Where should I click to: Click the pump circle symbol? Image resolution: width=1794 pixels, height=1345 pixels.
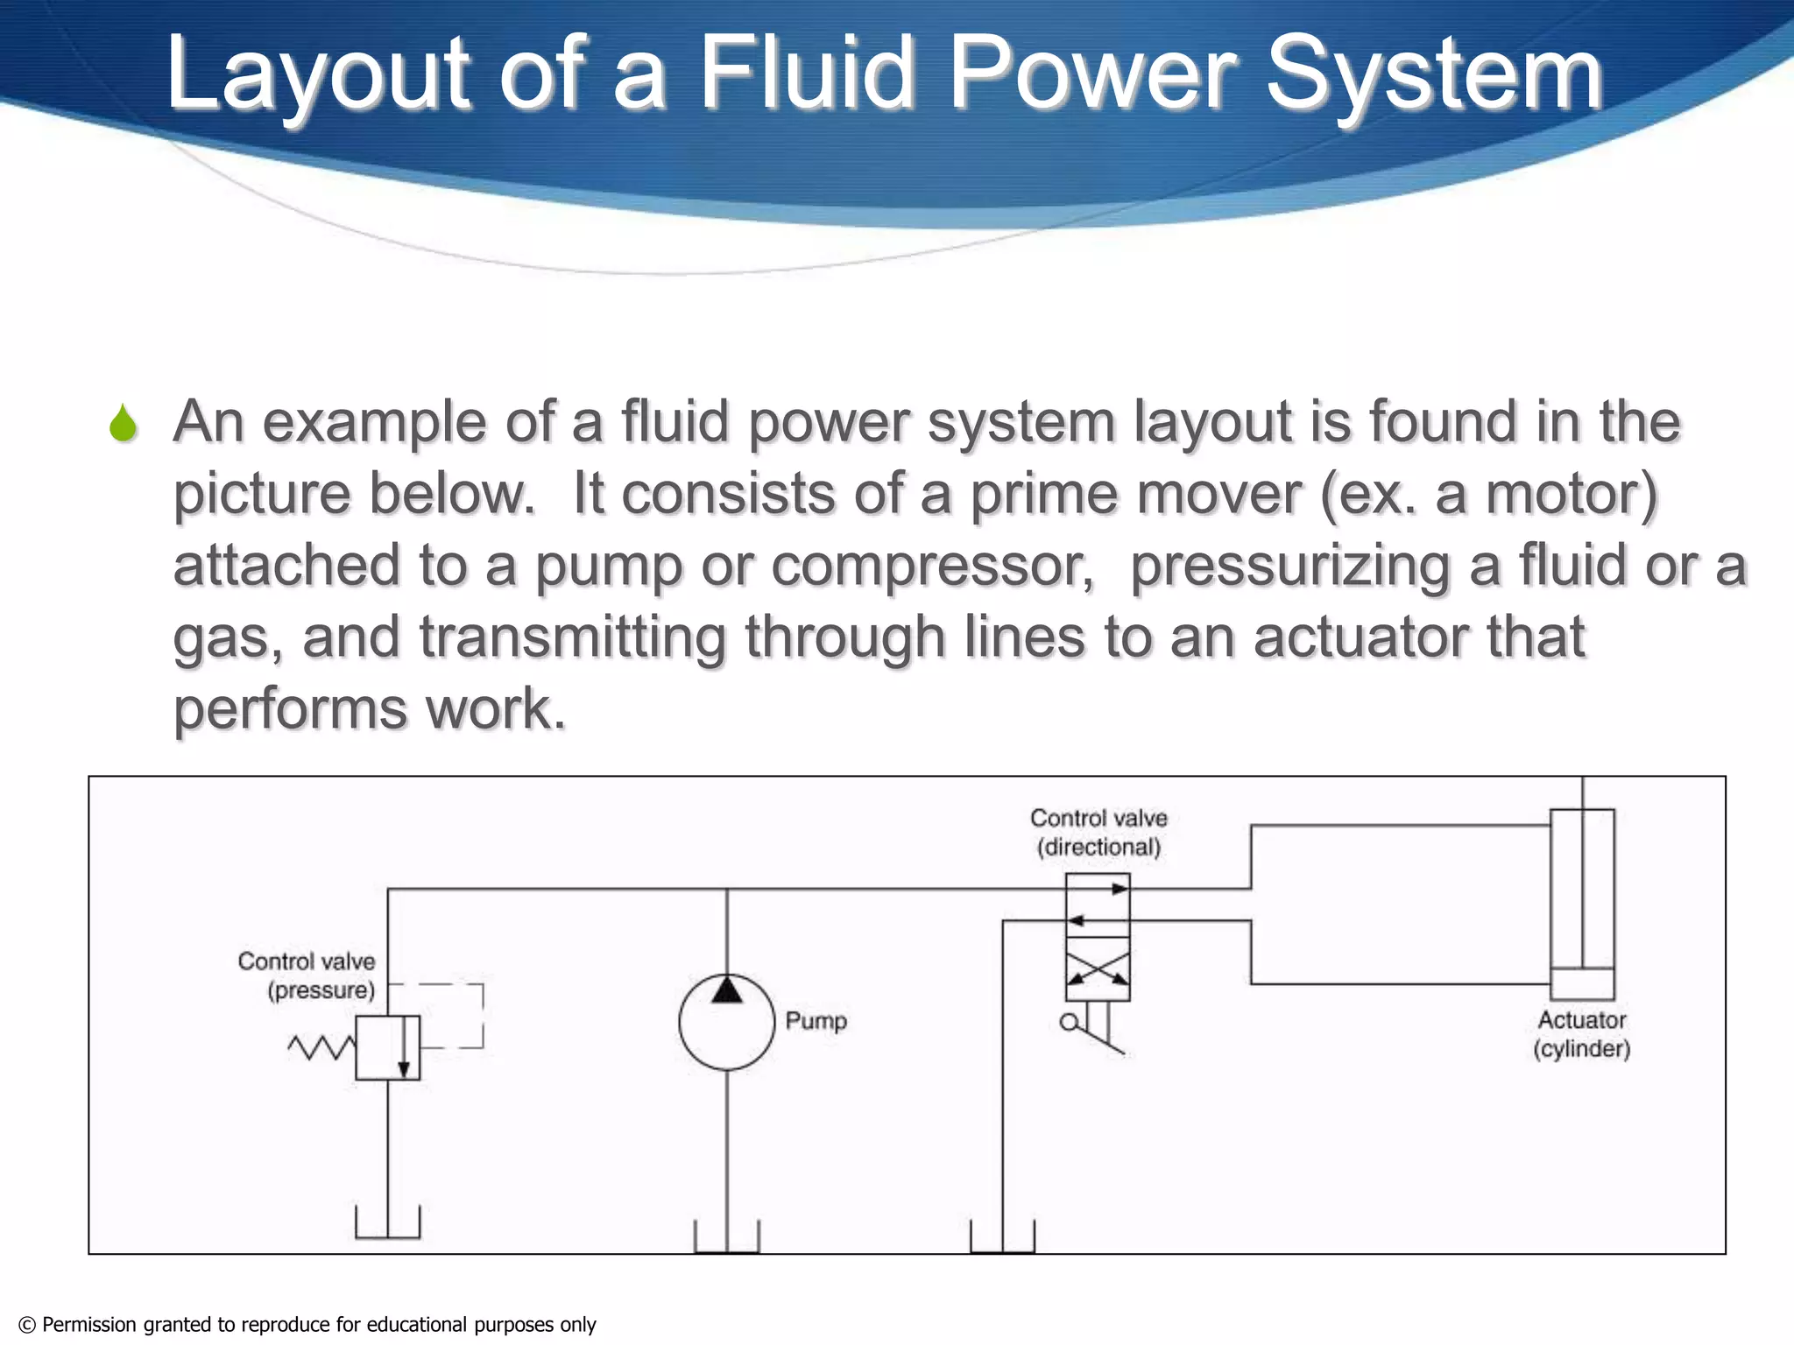(726, 1023)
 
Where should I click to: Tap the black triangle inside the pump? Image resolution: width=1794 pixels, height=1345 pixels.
(726, 991)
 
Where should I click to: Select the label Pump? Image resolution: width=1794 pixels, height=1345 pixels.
(816, 1021)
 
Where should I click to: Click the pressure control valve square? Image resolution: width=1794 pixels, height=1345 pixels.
(387, 1047)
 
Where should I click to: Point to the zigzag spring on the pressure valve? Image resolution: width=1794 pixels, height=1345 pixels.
(321, 1047)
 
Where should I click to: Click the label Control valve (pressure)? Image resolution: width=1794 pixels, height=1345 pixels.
(307, 975)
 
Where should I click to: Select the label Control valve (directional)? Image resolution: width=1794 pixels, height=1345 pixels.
(1098, 832)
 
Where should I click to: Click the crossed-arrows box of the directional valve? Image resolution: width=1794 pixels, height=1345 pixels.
(1098, 969)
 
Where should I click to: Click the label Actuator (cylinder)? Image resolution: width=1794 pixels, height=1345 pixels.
(1581, 1034)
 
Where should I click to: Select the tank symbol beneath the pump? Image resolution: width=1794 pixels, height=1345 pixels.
(726, 1238)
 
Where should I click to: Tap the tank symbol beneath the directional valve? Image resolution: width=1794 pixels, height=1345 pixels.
(1002, 1238)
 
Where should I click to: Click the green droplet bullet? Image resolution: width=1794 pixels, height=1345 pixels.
(124, 424)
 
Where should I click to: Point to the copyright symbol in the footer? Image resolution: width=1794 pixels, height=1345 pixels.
(27, 1325)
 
